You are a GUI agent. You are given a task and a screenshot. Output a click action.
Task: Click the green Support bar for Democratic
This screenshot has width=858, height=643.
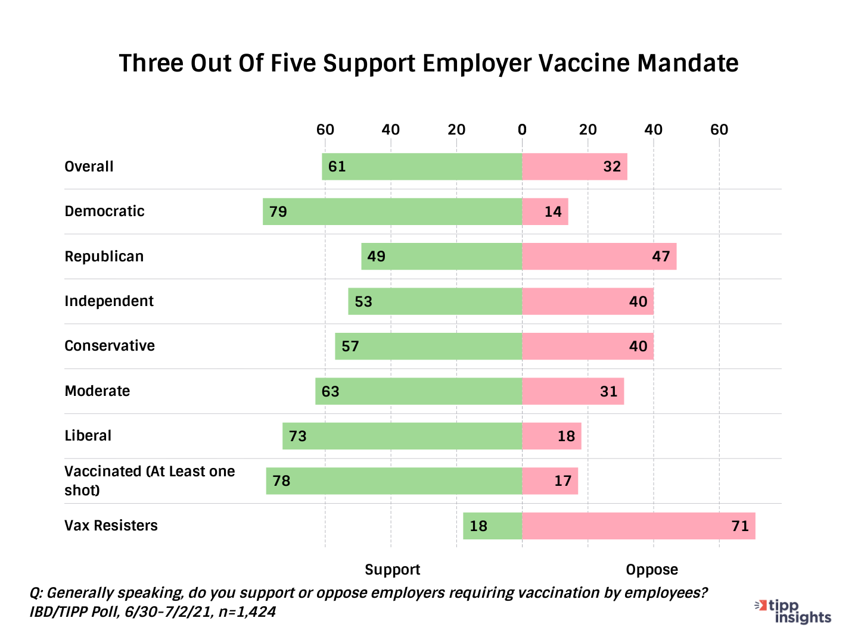tap(392, 211)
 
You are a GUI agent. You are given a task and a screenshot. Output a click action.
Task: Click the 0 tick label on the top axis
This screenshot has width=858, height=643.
tap(522, 130)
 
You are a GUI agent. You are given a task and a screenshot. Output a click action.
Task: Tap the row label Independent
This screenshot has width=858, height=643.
tap(109, 301)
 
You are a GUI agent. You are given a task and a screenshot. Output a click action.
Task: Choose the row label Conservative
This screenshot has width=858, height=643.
tap(110, 346)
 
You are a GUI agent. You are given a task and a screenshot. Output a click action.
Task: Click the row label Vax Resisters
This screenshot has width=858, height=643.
tap(111, 526)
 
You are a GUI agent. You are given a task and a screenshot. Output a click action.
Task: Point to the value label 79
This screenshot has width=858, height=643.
tap(278, 212)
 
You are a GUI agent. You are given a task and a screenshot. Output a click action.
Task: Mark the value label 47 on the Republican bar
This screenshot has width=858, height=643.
tap(661, 257)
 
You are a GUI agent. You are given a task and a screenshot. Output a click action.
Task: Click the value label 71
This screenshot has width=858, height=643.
tap(740, 526)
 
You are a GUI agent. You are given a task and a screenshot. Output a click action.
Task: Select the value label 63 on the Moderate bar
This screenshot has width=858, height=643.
tap(331, 392)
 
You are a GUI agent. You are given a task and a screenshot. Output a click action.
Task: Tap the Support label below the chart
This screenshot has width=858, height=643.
tap(392, 570)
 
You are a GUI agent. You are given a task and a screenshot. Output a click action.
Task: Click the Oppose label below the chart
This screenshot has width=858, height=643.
tap(652, 570)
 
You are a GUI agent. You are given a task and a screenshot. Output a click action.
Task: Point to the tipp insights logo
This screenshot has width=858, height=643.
tap(794, 611)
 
